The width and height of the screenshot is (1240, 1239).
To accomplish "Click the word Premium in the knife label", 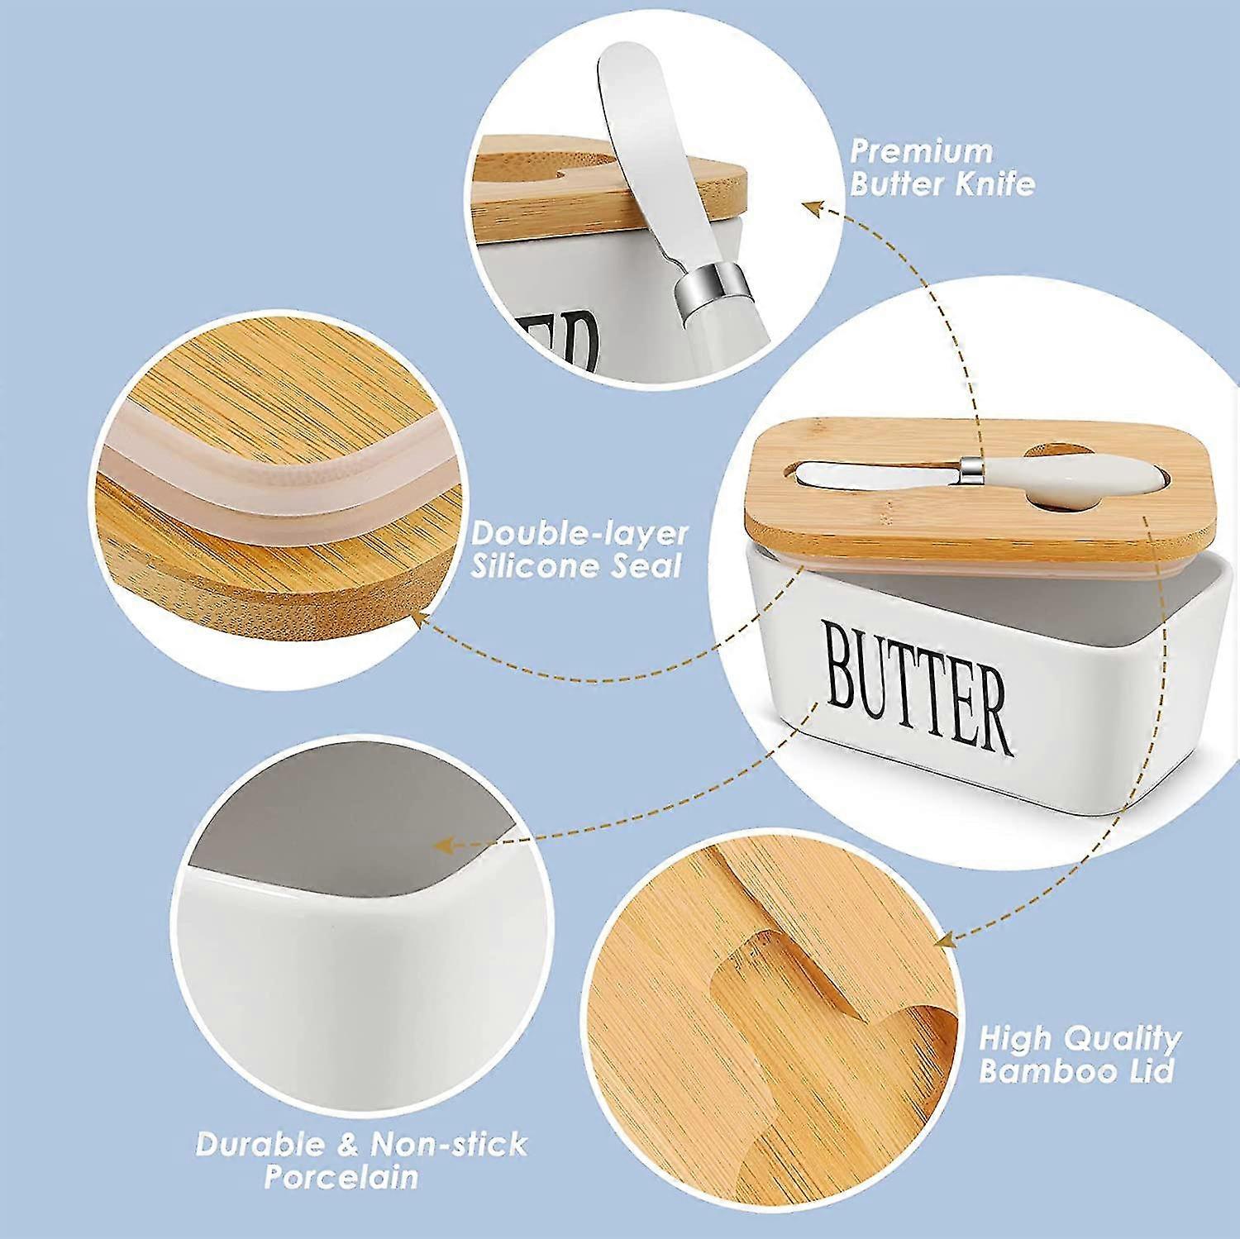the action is (x=921, y=151).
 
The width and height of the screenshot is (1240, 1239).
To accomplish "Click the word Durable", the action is (x=257, y=1145).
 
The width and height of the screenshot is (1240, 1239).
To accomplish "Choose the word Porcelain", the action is (x=341, y=1177).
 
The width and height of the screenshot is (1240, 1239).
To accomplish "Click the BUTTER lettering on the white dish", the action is (x=917, y=690).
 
